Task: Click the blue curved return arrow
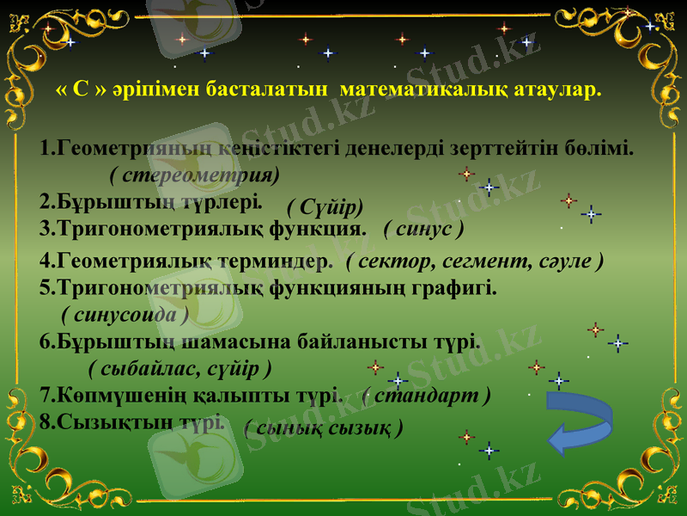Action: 579,422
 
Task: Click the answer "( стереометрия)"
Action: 195,175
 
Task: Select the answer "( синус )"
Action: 424,229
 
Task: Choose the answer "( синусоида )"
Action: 125,314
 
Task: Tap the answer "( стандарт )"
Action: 427,396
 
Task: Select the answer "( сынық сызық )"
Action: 324,427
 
